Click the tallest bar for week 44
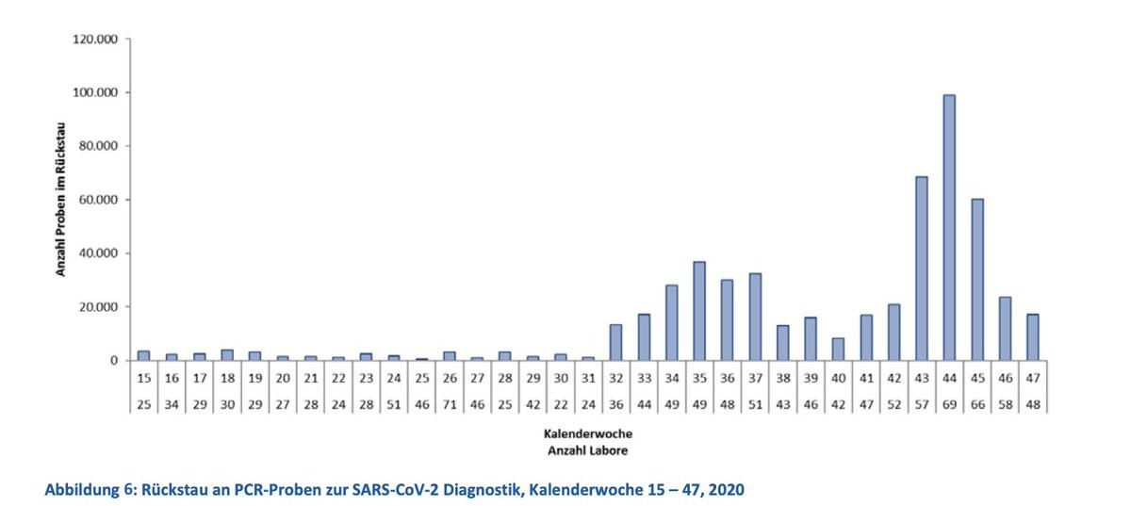(949, 227)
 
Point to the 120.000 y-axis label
(92, 40)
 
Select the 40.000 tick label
(95, 253)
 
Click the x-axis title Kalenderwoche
(587, 434)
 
